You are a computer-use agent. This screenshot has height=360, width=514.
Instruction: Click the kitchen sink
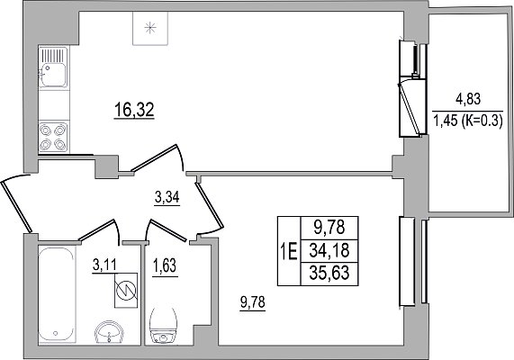[x=53, y=67]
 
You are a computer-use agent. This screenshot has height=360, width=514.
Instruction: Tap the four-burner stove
[x=53, y=137]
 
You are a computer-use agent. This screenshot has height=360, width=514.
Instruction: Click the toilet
[x=163, y=326]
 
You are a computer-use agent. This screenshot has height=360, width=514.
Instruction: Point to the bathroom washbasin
[x=108, y=332]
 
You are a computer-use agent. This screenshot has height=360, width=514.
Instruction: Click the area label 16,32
[x=134, y=110]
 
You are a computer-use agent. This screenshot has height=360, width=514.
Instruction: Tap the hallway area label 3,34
[x=167, y=198]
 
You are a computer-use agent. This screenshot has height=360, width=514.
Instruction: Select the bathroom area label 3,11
[x=104, y=265]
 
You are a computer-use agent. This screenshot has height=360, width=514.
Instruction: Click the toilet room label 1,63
[x=165, y=265]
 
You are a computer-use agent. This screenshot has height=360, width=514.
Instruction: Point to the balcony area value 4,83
[x=468, y=99]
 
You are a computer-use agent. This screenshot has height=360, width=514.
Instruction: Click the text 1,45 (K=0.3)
[x=468, y=121]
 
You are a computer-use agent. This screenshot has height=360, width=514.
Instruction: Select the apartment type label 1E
[x=289, y=252]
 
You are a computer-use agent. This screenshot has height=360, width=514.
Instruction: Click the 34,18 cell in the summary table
[x=329, y=251]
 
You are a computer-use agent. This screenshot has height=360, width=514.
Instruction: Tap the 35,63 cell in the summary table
[x=329, y=274]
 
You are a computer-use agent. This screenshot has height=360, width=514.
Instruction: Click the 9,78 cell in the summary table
[x=329, y=229]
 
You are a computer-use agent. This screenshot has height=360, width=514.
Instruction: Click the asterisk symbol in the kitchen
[x=150, y=28]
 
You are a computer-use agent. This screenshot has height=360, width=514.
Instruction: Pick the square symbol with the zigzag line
[x=126, y=290]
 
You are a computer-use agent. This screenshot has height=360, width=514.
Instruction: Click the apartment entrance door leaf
[x=16, y=206]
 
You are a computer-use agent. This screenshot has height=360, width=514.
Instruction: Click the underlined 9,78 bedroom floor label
[x=252, y=302]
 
